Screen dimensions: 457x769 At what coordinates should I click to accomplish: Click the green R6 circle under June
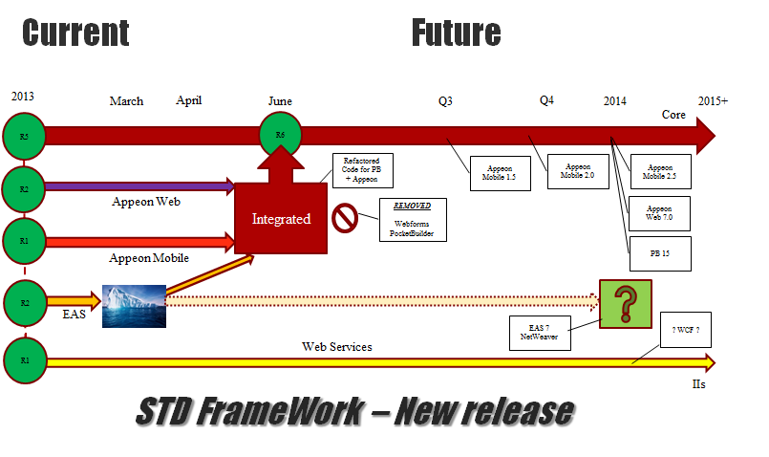(280, 136)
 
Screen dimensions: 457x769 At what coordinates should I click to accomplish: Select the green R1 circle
(23, 360)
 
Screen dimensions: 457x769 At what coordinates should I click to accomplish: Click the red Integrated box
(281, 219)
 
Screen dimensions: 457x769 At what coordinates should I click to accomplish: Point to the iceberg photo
(134, 305)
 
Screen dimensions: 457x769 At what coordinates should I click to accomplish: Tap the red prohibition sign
(344, 218)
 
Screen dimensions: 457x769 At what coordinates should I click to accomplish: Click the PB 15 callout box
(659, 252)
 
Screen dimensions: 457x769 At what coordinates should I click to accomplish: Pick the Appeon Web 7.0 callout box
(659, 212)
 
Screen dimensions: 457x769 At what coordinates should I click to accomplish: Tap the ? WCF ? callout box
(686, 330)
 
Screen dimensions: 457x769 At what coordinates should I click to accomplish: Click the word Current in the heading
(75, 33)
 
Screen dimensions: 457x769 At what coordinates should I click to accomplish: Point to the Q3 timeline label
(445, 100)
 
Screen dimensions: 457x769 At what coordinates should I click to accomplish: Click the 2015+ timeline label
(713, 100)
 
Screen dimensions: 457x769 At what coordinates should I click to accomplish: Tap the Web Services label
(337, 346)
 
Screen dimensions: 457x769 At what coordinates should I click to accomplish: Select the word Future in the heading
(456, 33)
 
